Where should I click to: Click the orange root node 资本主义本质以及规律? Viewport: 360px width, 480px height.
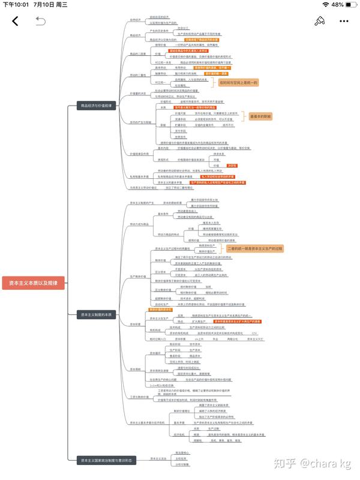pyautogui.click(x=33, y=283)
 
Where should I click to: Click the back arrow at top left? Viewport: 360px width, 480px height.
pyautogui.click(x=15, y=22)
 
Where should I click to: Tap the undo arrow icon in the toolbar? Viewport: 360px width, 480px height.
pyautogui.click(x=40, y=22)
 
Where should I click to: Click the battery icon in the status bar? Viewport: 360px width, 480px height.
pyautogui.click(x=351, y=5)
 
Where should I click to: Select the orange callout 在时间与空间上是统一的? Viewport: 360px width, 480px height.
pyautogui.click(x=238, y=82)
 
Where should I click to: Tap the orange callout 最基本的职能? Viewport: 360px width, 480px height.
pyautogui.click(x=260, y=116)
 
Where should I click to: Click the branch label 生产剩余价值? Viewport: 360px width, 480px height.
pyautogui.click(x=139, y=276)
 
